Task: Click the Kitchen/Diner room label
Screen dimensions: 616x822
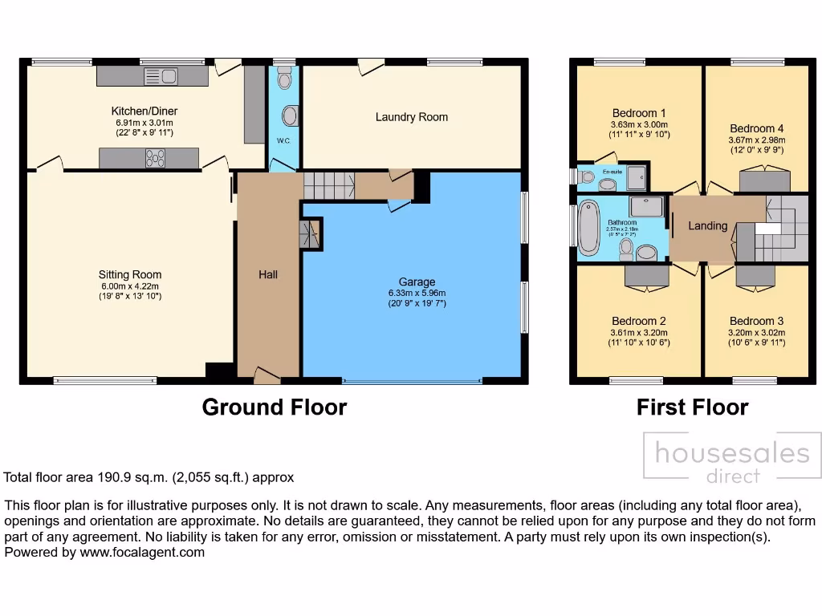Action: tap(144, 111)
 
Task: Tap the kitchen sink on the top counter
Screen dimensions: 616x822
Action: tap(161, 76)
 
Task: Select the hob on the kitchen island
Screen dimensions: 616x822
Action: tap(155, 158)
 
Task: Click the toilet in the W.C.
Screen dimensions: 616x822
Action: tap(283, 79)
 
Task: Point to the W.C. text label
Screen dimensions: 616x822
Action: tap(283, 141)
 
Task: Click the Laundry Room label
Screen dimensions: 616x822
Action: tap(411, 117)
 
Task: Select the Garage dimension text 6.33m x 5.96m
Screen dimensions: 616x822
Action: tap(417, 293)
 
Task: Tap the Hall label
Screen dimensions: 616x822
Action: tap(268, 274)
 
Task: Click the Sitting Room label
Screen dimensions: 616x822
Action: tap(131, 274)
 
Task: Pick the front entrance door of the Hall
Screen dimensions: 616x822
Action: tap(265, 374)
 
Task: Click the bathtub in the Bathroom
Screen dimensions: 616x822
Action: tap(589, 227)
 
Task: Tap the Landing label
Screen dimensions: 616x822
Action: tap(707, 226)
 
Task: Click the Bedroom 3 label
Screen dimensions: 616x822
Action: tap(756, 321)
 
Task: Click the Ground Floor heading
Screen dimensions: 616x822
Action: tap(275, 407)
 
